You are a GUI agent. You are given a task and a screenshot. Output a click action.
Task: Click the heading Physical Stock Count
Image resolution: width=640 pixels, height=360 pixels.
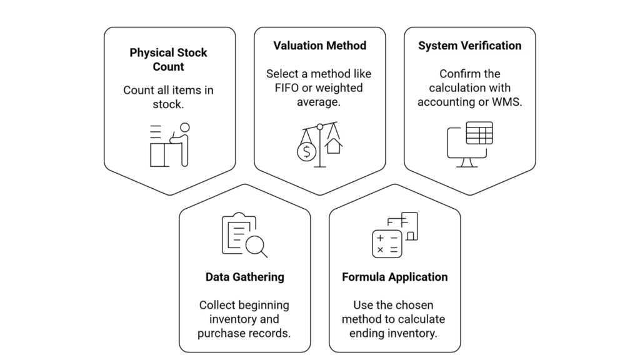(x=168, y=59)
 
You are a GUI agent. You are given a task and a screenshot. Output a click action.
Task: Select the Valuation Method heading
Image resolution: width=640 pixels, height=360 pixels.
(x=319, y=46)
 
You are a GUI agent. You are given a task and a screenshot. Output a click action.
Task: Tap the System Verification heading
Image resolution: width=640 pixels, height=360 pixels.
(x=469, y=46)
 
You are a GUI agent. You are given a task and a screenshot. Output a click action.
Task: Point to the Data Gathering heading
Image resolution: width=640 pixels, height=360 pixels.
(x=244, y=276)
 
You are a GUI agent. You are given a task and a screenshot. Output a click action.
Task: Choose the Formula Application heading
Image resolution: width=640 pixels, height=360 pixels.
(x=394, y=276)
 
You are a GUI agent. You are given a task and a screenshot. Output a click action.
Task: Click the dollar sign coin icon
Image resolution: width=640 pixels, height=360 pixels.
(x=306, y=152)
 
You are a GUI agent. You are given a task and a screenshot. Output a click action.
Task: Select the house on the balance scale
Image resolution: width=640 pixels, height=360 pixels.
(x=333, y=146)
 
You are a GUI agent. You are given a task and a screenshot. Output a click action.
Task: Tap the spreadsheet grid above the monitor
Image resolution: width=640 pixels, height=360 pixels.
(x=479, y=132)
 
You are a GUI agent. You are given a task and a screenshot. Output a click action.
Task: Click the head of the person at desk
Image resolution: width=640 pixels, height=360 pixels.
(x=184, y=127)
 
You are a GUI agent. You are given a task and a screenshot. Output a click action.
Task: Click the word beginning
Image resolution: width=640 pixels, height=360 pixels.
(x=259, y=305)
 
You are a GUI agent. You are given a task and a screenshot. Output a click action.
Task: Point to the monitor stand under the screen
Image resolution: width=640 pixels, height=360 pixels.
(x=466, y=162)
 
